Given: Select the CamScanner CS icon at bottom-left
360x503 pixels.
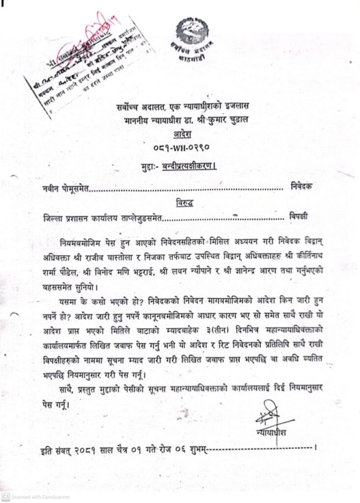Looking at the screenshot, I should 5,497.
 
